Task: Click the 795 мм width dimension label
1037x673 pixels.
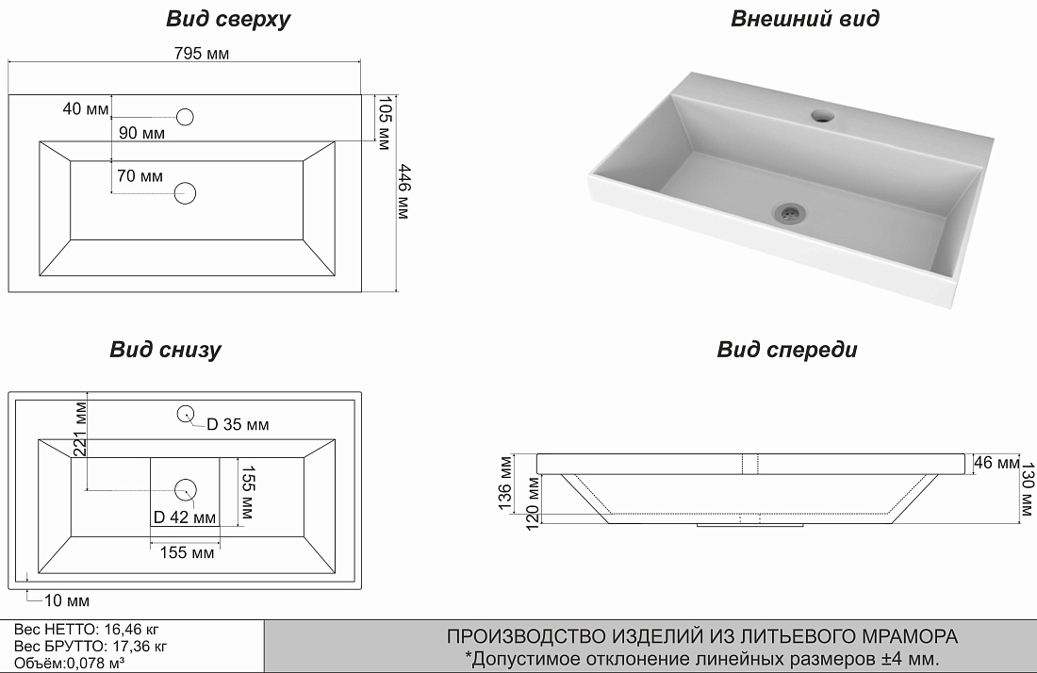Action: pyautogui.click(x=202, y=54)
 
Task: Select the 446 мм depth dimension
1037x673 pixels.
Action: pyautogui.click(x=403, y=192)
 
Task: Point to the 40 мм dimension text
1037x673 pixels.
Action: pyautogui.click(x=86, y=108)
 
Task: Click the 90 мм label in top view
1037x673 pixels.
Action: pyautogui.click(x=141, y=134)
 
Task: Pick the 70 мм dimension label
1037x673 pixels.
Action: pyautogui.click(x=140, y=176)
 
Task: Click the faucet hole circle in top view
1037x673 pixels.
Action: pyautogui.click(x=186, y=116)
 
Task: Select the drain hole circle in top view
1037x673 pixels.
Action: pyautogui.click(x=186, y=194)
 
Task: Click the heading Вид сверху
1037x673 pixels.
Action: pyautogui.click(x=228, y=20)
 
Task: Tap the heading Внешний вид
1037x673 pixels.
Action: pyautogui.click(x=805, y=19)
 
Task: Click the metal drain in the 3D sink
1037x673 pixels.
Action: pyautogui.click(x=789, y=211)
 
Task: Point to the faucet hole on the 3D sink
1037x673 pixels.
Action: pyautogui.click(x=823, y=117)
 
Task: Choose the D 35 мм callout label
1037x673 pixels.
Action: pyautogui.click(x=238, y=425)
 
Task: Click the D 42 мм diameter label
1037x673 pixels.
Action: pyautogui.click(x=185, y=517)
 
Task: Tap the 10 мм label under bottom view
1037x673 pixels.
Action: pyautogui.click(x=66, y=600)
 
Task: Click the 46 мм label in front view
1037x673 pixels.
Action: pyautogui.click(x=996, y=464)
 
